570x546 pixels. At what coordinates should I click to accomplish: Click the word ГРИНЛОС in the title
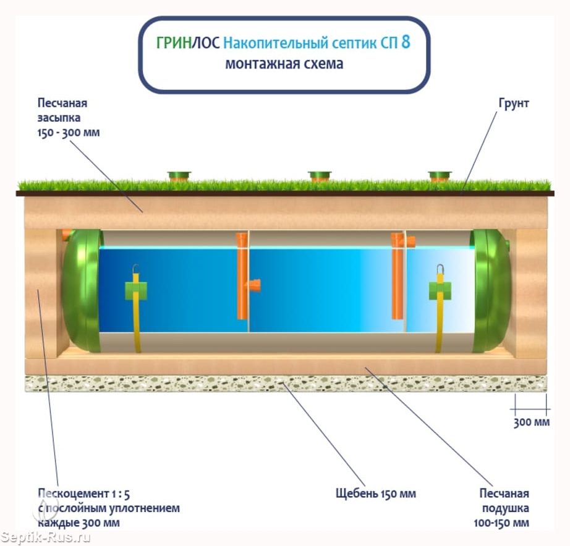coord(188,43)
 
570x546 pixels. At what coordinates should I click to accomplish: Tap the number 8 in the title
coord(406,42)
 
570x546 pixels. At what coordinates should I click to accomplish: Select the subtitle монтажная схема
coord(284,64)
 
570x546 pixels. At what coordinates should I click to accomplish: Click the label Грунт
coord(514,104)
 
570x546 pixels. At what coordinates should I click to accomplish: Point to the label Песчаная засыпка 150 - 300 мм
coord(69,118)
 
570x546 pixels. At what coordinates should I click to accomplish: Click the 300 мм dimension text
coord(531,422)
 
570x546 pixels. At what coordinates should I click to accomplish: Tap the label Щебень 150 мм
coord(375,493)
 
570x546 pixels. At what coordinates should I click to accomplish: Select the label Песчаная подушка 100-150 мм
coord(501,508)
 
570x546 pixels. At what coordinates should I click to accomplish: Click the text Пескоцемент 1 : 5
coord(83,493)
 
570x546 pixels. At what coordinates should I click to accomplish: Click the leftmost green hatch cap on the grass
coord(179,176)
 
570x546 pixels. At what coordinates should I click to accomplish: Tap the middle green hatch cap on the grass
coord(319,176)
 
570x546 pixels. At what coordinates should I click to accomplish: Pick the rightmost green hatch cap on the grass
coord(440,176)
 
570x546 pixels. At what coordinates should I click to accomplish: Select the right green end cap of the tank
coord(490,291)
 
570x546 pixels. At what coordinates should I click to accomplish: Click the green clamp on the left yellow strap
coord(136,291)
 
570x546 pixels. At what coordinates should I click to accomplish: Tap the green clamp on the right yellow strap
coord(440,291)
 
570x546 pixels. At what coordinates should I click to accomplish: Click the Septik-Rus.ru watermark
coord(45,537)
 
